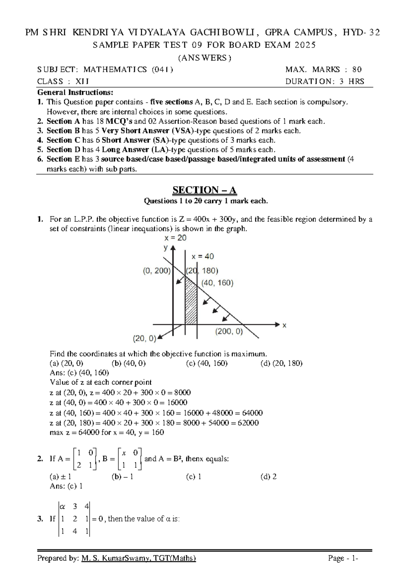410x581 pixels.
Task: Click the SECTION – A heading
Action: point(205,190)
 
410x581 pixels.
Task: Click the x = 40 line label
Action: point(203,256)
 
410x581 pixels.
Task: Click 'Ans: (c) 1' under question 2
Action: point(66,486)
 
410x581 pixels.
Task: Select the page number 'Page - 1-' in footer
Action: point(343,558)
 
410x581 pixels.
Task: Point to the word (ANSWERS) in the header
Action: point(205,58)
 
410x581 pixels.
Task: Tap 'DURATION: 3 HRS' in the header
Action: point(325,81)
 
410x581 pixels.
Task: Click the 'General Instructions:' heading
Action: point(75,92)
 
